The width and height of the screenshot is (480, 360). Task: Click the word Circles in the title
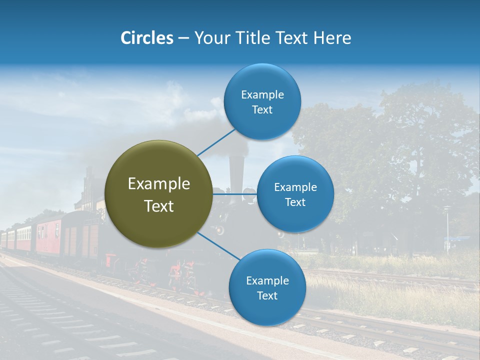146,38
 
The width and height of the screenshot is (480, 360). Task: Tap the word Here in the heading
332,38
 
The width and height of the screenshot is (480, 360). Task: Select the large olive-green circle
158,194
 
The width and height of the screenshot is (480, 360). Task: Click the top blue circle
262,101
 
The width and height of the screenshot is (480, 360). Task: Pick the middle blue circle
295,194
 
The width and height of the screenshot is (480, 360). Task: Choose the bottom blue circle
267,287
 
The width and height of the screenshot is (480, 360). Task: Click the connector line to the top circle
216,142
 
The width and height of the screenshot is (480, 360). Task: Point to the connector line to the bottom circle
218,246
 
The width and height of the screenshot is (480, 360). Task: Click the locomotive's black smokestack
236,172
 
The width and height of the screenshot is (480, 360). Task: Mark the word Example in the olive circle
159,184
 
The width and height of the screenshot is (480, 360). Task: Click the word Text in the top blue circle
262,110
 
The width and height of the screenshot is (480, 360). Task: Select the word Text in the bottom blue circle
267,296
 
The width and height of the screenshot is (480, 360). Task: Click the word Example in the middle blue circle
295,187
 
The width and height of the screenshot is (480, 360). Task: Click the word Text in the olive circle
159,206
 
